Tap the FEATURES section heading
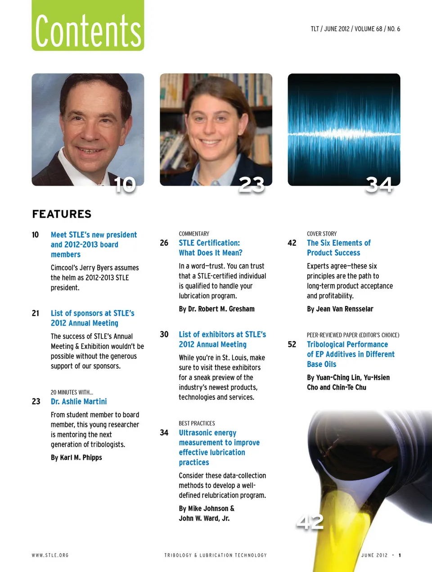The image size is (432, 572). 62,214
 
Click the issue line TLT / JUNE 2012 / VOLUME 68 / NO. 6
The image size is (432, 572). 355,29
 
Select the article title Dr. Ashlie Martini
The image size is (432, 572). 79,401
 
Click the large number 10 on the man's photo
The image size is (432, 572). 125,185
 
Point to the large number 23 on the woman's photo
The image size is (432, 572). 252,185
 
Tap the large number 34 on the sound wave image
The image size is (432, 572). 379,185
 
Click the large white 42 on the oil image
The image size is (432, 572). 310,522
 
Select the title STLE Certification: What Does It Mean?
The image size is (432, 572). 210,248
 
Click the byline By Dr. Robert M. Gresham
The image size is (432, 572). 216,309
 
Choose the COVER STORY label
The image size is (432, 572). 322,234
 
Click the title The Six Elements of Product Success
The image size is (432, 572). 338,248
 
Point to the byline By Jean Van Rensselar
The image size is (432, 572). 340,309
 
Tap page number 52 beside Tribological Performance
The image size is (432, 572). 292,345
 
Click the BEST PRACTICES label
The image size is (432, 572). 197,423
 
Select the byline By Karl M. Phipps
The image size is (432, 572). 76,458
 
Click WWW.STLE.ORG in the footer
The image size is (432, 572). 50,555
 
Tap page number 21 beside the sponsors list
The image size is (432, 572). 36,313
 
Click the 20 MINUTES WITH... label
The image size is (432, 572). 72,392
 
